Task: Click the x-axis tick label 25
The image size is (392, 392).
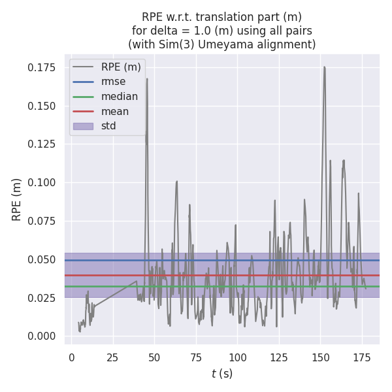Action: [113, 357]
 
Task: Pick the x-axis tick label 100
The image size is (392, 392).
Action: [238, 357]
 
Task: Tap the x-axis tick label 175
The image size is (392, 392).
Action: [363, 357]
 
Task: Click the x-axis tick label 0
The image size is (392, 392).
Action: [71, 357]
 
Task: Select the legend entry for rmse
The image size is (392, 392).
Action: [113, 82]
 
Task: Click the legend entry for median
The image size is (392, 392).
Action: [119, 97]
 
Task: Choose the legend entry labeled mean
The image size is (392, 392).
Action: [114, 111]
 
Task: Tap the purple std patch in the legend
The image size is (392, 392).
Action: [83, 126]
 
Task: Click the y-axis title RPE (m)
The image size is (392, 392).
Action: [17, 199]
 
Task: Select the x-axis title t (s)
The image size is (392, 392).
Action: [222, 374]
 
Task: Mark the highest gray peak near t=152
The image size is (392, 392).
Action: [324, 67]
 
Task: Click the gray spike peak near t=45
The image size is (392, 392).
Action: [147, 79]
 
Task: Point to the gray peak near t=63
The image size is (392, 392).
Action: [176, 182]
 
